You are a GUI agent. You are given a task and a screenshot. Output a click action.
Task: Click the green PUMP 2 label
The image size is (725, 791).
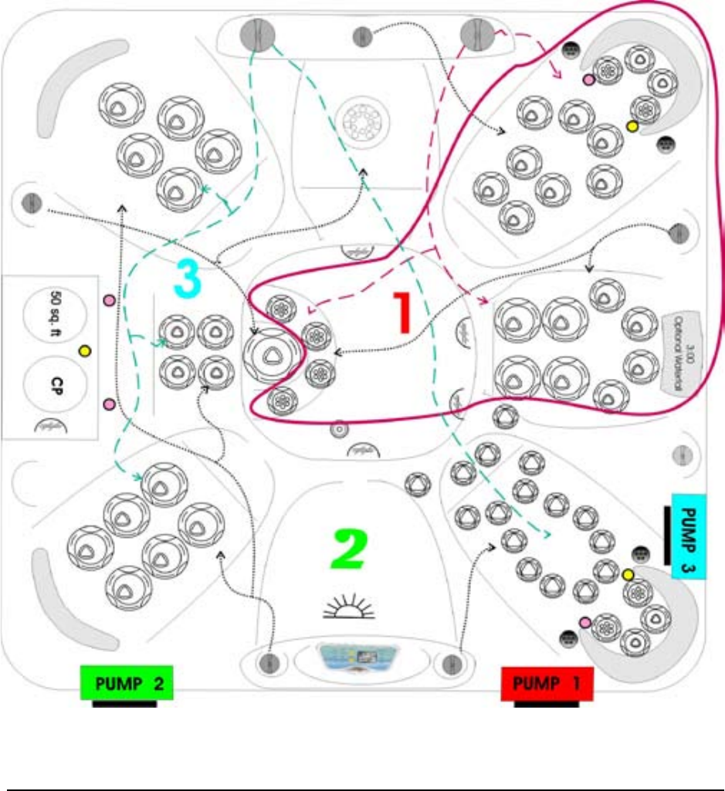[127, 683]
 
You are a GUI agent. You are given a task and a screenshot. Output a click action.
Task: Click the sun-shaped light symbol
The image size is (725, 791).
[348, 607]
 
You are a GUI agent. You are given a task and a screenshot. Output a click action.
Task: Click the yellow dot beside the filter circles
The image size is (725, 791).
[85, 351]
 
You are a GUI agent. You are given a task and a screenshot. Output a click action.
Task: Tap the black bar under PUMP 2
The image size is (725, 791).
[125, 703]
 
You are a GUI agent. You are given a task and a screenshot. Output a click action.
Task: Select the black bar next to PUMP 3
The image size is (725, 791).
[666, 535]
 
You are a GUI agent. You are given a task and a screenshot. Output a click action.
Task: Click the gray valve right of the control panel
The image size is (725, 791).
[449, 662]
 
